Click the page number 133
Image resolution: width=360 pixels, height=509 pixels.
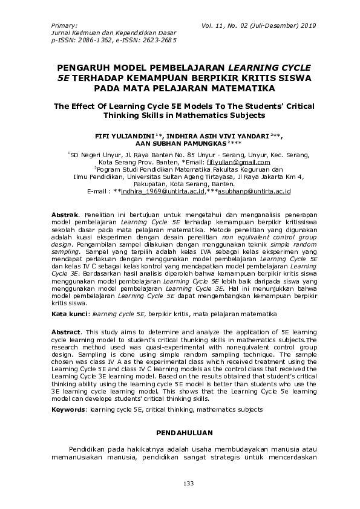179,484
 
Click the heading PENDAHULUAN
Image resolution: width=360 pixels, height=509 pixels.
179,433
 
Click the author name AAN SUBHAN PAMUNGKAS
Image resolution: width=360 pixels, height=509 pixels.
179,146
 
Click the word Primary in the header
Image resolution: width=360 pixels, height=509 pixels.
64,26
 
